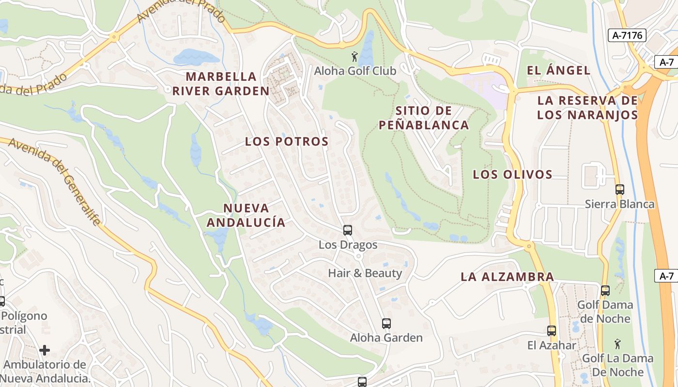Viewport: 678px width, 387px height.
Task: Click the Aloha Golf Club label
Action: click(355, 71)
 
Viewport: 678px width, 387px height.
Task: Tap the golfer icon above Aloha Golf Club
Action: click(354, 57)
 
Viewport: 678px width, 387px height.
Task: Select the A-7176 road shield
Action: click(627, 35)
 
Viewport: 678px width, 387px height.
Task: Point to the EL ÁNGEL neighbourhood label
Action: click(558, 70)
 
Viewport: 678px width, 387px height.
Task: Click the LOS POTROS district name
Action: click(287, 141)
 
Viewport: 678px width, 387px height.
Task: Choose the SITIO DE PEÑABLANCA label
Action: click(424, 118)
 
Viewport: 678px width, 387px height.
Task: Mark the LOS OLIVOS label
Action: click(512, 174)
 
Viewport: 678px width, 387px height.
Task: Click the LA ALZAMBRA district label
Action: click(507, 277)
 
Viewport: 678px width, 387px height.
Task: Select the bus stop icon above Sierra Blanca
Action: click(619, 190)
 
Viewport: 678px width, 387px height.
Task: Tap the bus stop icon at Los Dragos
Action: click(348, 230)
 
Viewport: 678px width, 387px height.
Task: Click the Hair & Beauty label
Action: click(365, 273)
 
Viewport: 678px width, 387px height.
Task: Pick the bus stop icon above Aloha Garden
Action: click(386, 324)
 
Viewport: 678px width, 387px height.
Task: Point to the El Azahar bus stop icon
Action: click(551, 331)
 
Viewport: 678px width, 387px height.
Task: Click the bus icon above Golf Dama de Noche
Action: click(605, 291)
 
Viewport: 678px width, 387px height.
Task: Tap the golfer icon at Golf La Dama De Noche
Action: click(617, 344)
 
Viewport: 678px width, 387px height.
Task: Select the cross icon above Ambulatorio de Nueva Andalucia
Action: click(45, 350)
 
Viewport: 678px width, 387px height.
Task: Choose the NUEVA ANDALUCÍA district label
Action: click(246, 215)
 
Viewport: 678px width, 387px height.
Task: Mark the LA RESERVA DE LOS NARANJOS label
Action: click(587, 107)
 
